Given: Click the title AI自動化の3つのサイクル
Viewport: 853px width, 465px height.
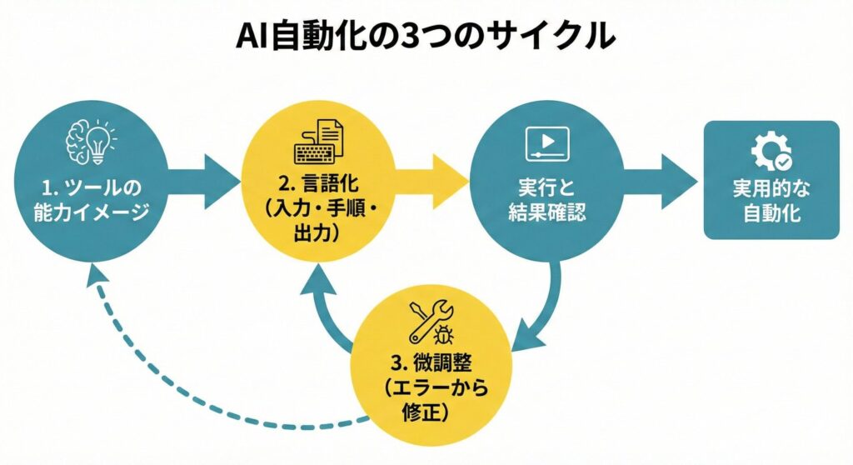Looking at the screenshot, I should pyautogui.click(x=426, y=37).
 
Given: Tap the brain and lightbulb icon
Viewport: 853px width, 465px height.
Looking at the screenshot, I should pyautogui.click(x=90, y=142).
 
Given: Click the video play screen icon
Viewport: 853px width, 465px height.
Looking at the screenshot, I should pyautogui.click(x=546, y=143).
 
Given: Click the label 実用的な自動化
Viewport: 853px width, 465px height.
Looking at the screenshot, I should pyautogui.click(x=771, y=201).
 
